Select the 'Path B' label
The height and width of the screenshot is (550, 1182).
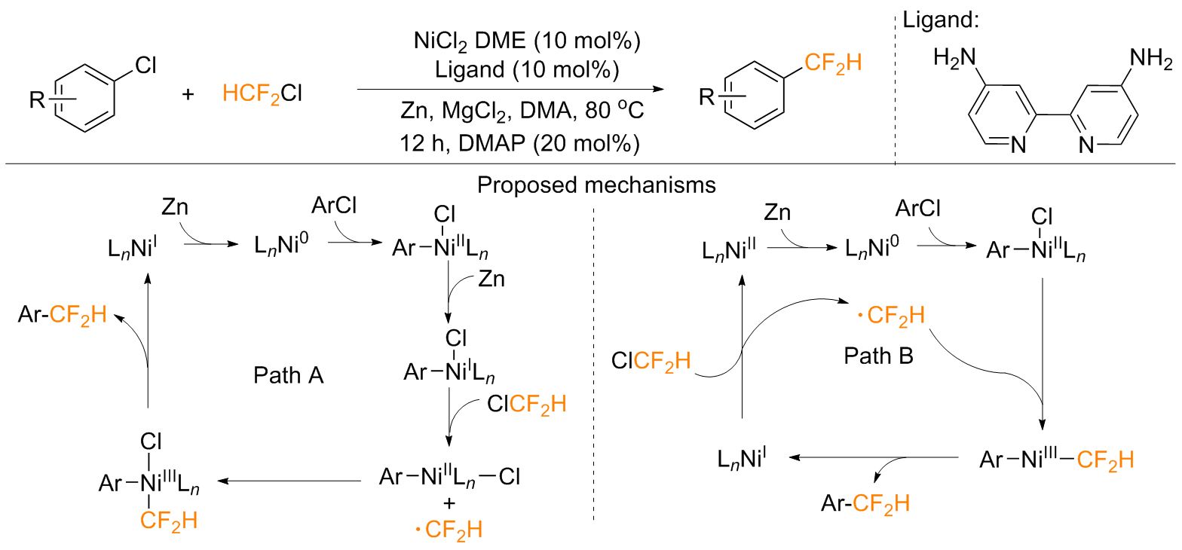tap(878, 356)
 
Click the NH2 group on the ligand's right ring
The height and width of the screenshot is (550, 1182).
tap(1152, 58)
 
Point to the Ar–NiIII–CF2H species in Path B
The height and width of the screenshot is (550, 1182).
tap(1055, 458)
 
